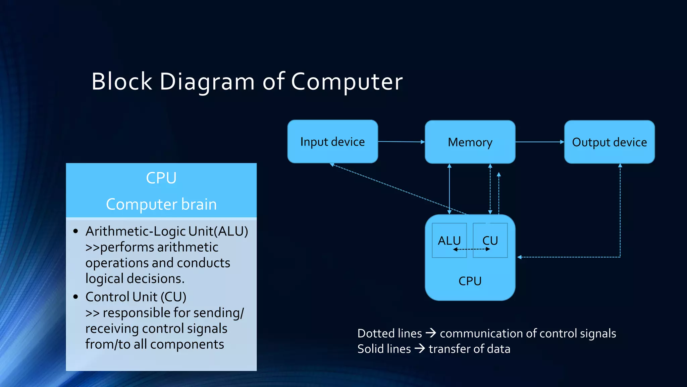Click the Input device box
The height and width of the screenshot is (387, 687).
pyautogui.click(x=332, y=142)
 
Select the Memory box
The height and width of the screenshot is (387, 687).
pyautogui.click(x=470, y=142)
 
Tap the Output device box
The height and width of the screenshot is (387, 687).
pyautogui.click(x=609, y=142)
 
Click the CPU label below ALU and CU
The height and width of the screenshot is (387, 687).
pyautogui.click(x=470, y=281)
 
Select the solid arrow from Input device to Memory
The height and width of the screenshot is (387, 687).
pyautogui.click(x=401, y=142)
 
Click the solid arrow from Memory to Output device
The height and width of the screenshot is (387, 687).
pyautogui.click(x=539, y=142)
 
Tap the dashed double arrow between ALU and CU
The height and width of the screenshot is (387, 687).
pyautogui.click(x=471, y=249)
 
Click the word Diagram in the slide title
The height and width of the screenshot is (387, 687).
pyautogui.click(x=207, y=82)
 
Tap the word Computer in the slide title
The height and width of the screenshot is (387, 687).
pyautogui.click(x=347, y=82)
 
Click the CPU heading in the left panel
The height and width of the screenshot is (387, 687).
pyautogui.click(x=161, y=178)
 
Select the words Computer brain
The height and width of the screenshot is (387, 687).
pyautogui.click(x=161, y=204)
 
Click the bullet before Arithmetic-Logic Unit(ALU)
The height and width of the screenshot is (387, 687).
pyautogui.click(x=75, y=231)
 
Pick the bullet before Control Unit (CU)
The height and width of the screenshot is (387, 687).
pyautogui.click(x=75, y=297)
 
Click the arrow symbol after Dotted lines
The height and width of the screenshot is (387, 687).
pyautogui.click(x=431, y=333)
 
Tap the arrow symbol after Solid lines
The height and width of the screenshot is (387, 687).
pyautogui.click(x=419, y=349)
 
